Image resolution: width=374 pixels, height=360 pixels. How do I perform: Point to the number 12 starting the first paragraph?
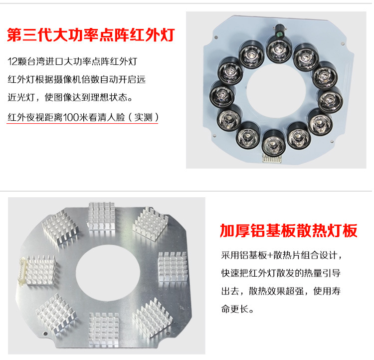[x=13, y=62]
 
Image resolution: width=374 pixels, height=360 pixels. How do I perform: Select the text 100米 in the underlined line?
[x=81, y=118]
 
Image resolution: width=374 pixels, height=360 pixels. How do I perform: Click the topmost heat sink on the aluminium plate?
[x=102, y=215]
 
